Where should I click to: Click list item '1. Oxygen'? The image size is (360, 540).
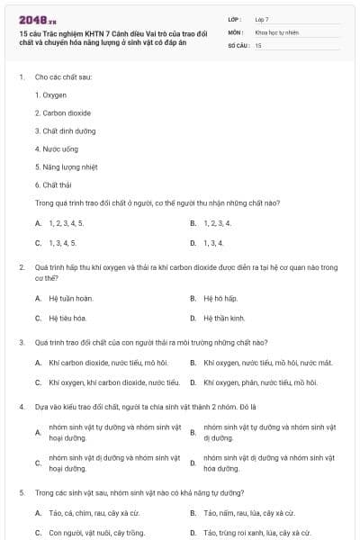pyautogui.click(x=50, y=94)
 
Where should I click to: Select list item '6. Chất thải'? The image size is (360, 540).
pyautogui.click(x=52, y=184)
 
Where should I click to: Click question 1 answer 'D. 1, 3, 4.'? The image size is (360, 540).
pyautogui.click(x=212, y=242)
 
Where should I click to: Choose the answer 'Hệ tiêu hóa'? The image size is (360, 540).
pyautogui.click(x=67, y=318)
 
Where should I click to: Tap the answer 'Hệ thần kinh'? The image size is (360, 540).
pyautogui.click(x=223, y=318)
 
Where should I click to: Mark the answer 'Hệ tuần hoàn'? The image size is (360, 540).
pyautogui.click(x=69, y=298)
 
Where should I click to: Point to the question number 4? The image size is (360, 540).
pyautogui.click(x=21, y=406)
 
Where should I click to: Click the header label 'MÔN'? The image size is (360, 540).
pyautogui.click(x=236, y=31)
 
